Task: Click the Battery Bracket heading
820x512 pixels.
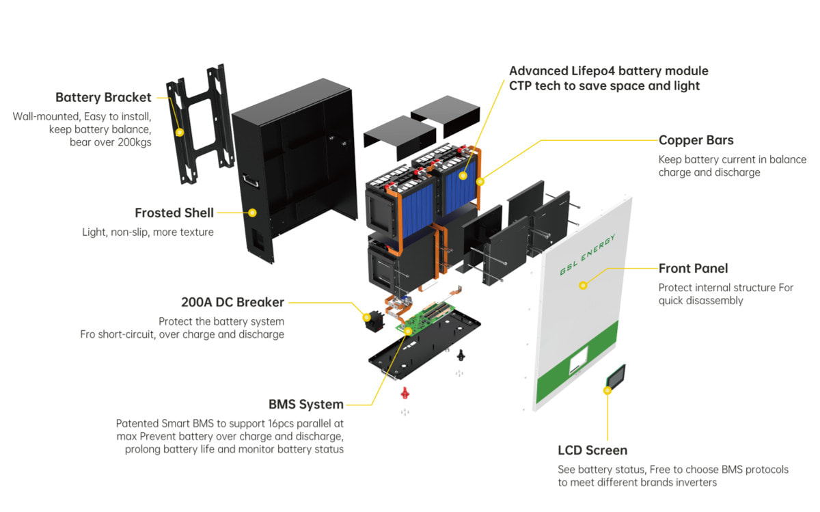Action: click(103, 98)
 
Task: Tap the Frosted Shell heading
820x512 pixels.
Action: click(174, 213)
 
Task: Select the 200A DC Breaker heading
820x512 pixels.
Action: click(232, 302)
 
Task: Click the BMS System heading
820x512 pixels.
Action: click(305, 405)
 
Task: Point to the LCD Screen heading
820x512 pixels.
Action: click(592, 450)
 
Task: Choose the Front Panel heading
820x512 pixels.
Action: click(693, 269)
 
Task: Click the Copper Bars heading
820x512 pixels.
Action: click(696, 140)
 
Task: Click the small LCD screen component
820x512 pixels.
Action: click(616, 376)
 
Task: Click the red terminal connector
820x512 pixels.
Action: click(404, 393)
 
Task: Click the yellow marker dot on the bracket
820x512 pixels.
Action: click(179, 132)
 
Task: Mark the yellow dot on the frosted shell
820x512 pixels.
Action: click(252, 213)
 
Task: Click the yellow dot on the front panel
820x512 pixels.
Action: click(583, 284)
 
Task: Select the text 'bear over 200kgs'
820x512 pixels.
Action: click(110, 142)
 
